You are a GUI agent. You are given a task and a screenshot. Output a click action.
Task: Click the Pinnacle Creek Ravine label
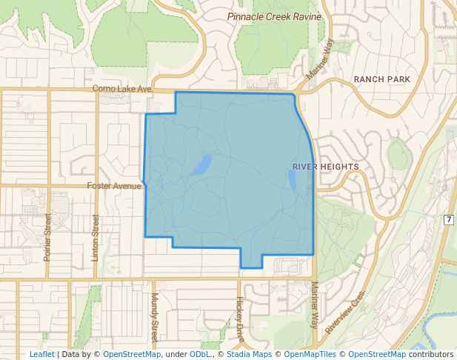tap(274, 16)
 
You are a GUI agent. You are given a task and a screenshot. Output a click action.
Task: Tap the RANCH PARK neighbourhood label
tap(381, 79)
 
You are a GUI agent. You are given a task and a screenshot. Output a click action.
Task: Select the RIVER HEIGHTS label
tap(325, 167)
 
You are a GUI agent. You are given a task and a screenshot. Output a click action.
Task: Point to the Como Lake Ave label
tap(122, 89)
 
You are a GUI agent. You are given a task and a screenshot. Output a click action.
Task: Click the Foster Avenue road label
tap(114, 186)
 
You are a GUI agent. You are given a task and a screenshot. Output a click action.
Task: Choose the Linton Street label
tap(95, 237)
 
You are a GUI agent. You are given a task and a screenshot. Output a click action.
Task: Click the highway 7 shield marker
tap(449, 220)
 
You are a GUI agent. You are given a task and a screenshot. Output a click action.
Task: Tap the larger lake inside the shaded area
tap(200, 166)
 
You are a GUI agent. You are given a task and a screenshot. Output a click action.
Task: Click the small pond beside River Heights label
tap(292, 179)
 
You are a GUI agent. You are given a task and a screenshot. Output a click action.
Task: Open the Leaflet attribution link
tap(41, 354)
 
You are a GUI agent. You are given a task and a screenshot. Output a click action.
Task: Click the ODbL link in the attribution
tap(200, 354)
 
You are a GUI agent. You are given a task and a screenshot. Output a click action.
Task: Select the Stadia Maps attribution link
tap(249, 354)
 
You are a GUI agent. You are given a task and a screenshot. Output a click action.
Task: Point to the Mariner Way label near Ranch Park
tap(320, 59)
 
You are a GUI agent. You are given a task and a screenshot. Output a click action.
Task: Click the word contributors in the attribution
tap(431, 354)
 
